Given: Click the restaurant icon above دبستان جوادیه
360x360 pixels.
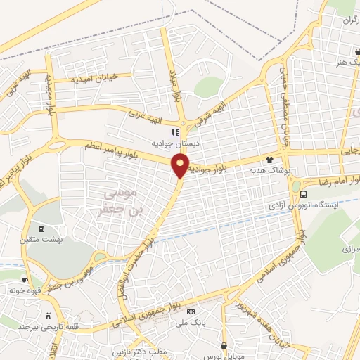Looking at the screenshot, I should (x=176, y=131).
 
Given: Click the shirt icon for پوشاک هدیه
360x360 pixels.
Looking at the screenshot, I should (x=269, y=160).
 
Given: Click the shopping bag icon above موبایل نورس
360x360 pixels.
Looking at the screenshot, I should (x=224, y=346).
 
